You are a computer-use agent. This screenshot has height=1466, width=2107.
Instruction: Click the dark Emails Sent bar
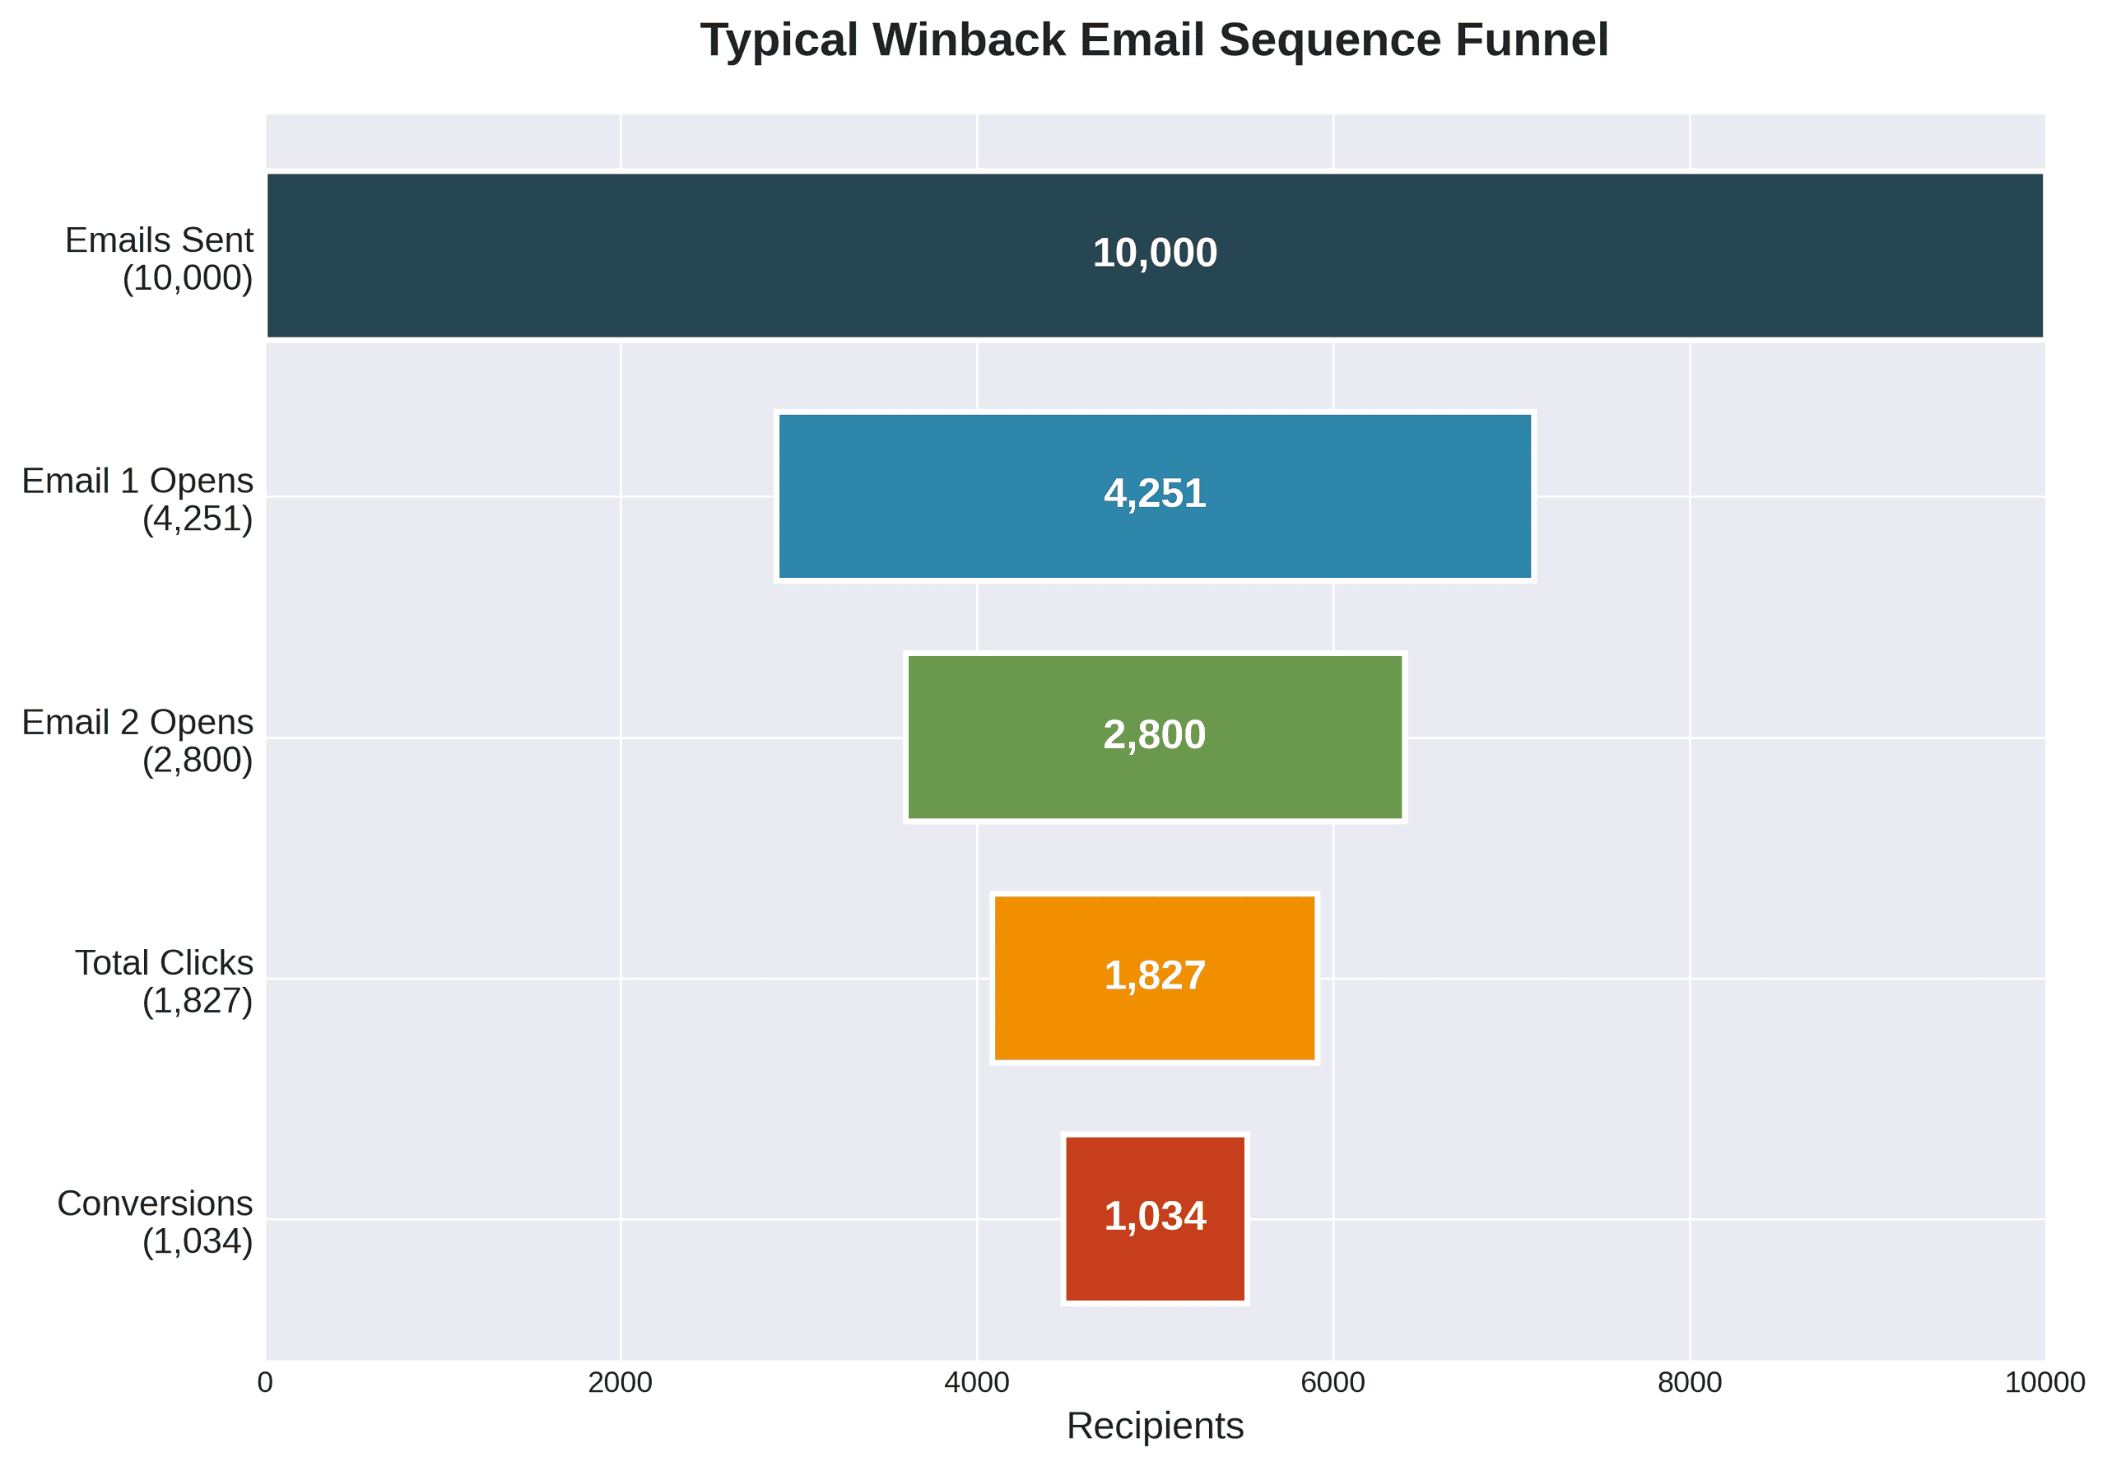642,255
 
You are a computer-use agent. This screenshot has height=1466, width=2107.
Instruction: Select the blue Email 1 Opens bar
918,496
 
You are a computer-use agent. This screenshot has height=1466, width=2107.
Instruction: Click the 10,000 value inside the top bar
1155,254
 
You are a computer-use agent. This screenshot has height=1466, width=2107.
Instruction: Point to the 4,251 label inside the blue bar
1155,495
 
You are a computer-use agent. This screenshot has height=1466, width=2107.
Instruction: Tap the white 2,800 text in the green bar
1155,735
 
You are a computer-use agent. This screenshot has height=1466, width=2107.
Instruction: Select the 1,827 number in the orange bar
1155,975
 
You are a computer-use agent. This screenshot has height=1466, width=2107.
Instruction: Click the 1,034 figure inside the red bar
1155,1217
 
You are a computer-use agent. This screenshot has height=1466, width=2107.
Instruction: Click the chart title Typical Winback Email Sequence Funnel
1155,41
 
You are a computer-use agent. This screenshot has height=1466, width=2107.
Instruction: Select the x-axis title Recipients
1155,1426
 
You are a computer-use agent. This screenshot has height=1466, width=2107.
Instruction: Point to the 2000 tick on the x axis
621,1383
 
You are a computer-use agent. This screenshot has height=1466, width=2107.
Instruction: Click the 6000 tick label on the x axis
1333,1383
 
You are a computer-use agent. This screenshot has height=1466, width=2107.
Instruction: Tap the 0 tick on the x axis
265,1383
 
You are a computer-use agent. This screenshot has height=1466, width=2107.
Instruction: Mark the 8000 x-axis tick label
1690,1383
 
